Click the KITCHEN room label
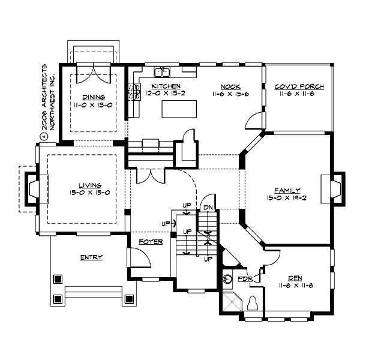tap(158, 86)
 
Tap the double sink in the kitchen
tap(161, 73)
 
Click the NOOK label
tap(230, 86)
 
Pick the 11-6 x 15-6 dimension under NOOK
tap(230, 94)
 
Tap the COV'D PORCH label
tap(299, 86)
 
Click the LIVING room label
tap(81, 185)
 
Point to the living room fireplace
tap(32, 188)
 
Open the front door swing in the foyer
tap(137, 259)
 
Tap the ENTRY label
tap(91, 257)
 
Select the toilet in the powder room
tap(253, 304)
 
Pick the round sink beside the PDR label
tap(227, 280)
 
